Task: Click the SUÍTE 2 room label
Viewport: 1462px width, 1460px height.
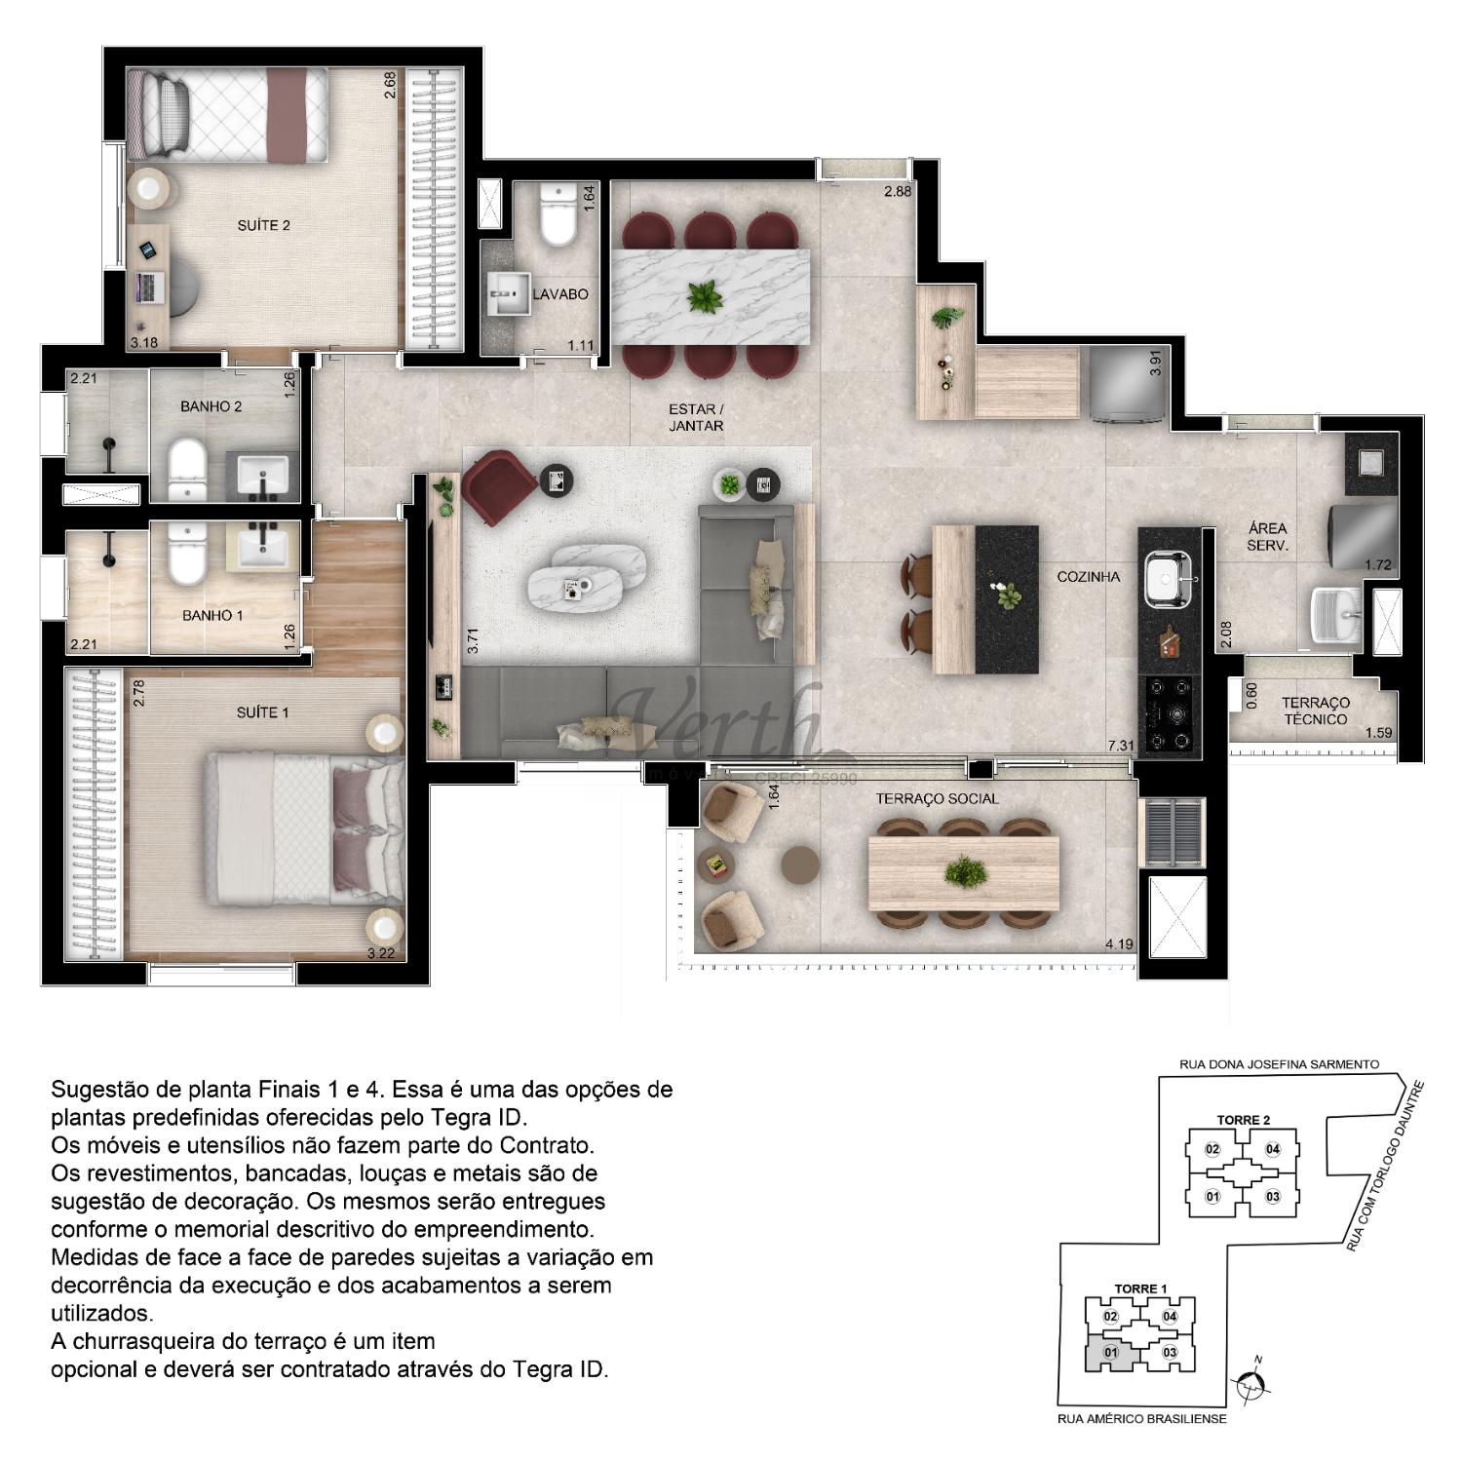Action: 263,225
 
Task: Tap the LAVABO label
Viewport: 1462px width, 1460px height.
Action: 560,293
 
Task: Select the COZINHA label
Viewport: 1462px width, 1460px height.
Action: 1089,577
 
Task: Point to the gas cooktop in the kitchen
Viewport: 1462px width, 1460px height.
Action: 1170,714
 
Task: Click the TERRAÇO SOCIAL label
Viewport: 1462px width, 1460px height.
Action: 937,799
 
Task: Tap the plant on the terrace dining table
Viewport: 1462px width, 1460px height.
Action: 963,870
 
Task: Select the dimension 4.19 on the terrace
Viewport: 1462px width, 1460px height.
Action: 1119,943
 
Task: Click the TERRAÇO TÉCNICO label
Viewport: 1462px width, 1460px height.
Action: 1315,711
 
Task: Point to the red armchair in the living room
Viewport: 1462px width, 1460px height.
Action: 497,484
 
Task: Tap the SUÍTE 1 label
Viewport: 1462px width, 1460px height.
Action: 263,712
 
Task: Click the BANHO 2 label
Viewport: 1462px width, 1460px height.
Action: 211,406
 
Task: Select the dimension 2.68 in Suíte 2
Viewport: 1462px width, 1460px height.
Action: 390,86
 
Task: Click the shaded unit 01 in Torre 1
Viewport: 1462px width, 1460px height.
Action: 1110,1352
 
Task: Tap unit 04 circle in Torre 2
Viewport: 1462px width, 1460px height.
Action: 1272,1149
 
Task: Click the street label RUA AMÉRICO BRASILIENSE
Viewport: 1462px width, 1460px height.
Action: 1141,1418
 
